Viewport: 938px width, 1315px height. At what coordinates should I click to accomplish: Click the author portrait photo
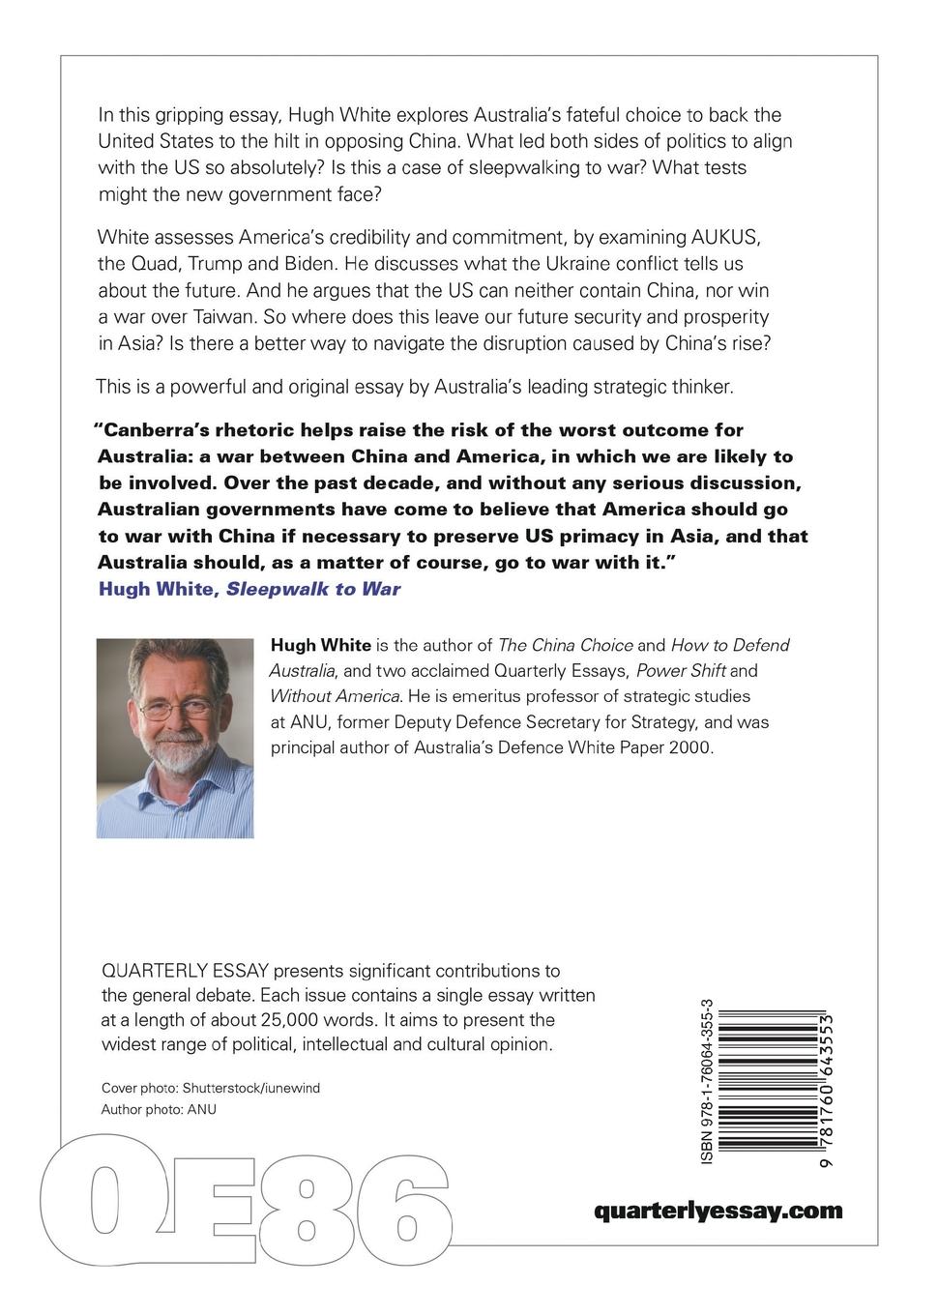point(175,737)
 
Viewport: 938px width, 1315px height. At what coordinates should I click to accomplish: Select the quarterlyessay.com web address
point(718,1211)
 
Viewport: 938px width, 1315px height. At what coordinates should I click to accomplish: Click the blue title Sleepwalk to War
point(313,589)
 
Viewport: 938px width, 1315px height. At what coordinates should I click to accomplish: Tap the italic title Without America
point(335,695)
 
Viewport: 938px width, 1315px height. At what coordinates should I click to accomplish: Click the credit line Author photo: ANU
point(159,1109)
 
